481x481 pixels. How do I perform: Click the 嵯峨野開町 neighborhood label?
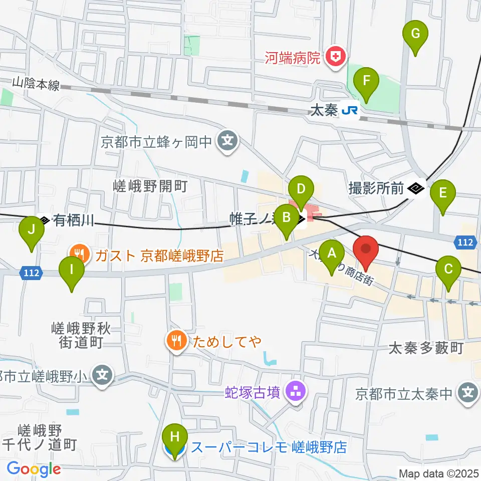pos(150,187)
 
